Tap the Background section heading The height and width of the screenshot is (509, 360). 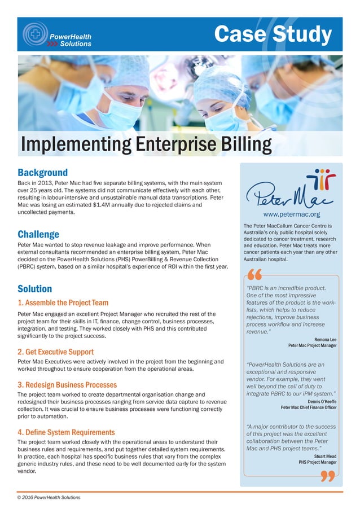pos(42,172)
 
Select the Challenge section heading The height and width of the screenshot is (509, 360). pos(38,234)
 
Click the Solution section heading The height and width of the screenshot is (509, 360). pos(34,289)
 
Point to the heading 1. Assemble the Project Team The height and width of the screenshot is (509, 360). pos(63,303)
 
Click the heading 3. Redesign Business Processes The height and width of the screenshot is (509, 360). pos(67,385)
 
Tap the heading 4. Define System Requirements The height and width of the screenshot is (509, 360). pos(66,432)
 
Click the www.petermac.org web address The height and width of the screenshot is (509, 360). pos(292,214)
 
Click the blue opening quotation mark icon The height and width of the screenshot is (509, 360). pos(255,277)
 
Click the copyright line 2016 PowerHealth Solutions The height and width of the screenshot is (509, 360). pos(49,497)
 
